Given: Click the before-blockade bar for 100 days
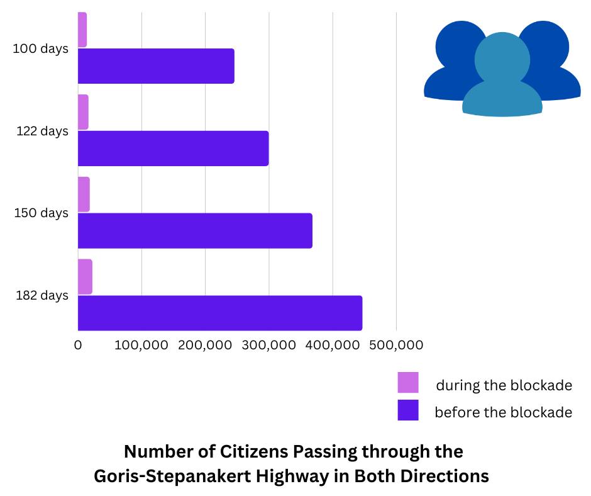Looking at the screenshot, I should coord(156,66).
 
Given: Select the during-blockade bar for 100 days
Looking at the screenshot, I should coord(82,30).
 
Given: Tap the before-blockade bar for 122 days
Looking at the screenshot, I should coord(173,149).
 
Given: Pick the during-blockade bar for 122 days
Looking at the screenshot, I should coord(83,112).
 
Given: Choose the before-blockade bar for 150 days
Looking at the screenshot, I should coord(195,230).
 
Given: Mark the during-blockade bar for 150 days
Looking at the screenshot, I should coord(84,194).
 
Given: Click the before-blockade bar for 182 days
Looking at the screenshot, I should coord(220,313).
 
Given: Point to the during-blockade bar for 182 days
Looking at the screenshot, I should coord(85,277).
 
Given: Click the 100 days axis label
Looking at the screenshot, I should coord(40,48).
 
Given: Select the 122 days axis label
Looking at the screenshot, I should coord(42,131).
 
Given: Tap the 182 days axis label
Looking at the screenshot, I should coord(41,295).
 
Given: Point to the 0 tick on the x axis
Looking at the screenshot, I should coord(78,345).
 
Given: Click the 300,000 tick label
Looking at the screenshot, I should coord(269,345).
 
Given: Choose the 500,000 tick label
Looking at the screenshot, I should coord(396,345).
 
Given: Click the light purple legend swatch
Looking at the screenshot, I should coord(408,383).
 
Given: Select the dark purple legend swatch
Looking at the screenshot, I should coord(408,410).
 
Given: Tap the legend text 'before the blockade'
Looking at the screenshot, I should coord(503,412).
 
